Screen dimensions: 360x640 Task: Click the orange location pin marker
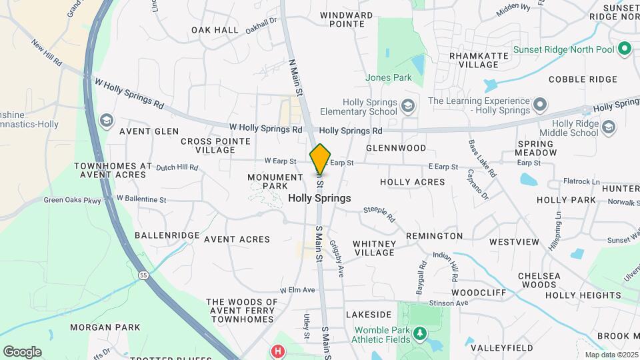tap(320, 159)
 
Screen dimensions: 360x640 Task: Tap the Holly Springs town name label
tap(319, 199)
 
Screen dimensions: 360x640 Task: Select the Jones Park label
tap(389, 78)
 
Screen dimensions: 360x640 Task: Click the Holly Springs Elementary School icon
tap(407, 106)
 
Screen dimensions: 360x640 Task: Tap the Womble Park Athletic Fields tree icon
tap(419, 332)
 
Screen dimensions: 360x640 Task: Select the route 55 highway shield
tap(143, 275)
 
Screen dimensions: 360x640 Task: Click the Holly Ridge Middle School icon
tap(607, 127)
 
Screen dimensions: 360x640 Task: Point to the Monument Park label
tap(275, 181)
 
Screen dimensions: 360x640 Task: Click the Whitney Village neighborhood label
tap(375, 248)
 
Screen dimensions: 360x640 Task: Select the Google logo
tap(22, 351)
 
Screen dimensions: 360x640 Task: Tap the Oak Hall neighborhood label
tap(215, 30)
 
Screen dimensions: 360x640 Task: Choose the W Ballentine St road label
tap(141, 199)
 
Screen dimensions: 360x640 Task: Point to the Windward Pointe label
tap(346, 19)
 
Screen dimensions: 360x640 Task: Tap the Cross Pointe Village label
tap(215, 145)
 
